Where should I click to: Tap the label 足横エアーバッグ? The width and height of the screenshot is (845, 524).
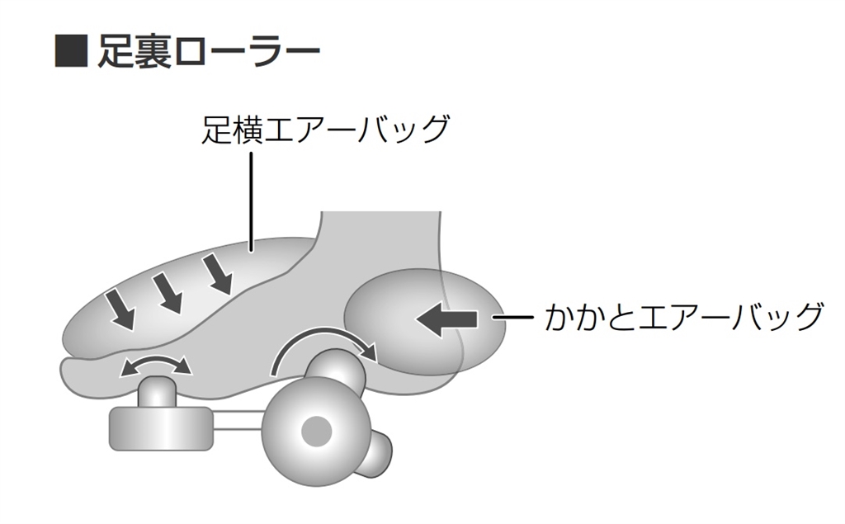(325, 130)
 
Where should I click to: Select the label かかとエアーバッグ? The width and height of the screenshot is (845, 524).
(683, 316)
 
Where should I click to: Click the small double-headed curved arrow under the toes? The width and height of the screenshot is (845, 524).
(154, 366)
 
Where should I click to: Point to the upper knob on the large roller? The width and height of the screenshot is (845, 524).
(336, 369)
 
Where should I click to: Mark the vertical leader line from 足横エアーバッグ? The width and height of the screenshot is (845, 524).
(251, 198)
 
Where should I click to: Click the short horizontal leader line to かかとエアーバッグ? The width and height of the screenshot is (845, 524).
(512, 317)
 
